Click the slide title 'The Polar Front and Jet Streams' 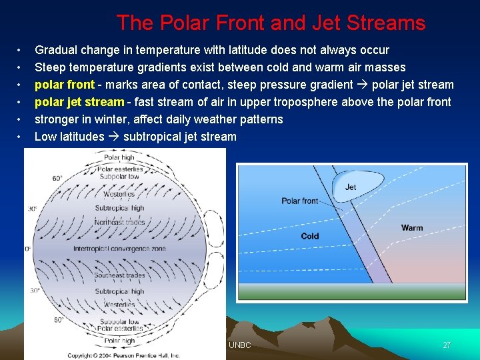[271, 23]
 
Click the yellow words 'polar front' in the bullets [64, 85]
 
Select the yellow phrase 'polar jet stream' [79, 102]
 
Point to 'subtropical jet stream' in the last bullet [179, 137]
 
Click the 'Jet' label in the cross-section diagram [351, 187]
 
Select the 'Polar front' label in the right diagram [299, 201]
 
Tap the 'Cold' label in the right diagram [310, 236]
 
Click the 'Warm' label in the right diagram [411, 228]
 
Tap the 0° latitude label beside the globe [28, 249]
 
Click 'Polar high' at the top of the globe [119, 158]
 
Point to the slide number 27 [447, 345]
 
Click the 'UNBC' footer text [239, 345]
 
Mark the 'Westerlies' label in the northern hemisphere [119, 194]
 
